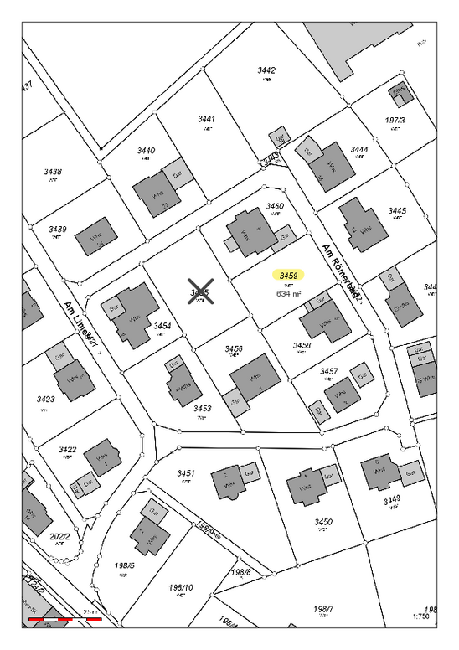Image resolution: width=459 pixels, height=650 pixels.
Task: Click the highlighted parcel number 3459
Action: point(289,274)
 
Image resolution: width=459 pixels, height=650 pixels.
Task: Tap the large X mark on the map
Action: point(200,291)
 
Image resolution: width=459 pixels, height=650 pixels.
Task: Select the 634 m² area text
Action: point(288,294)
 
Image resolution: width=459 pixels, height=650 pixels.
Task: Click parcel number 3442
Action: point(266,70)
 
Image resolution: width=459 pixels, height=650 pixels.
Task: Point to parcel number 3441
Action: point(207,119)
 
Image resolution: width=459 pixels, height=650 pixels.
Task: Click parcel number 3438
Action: point(53,172)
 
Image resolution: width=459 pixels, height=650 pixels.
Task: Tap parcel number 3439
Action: point(57,229)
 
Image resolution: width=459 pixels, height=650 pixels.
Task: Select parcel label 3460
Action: point(275,205)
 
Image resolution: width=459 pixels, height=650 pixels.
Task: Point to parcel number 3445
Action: point(397,210)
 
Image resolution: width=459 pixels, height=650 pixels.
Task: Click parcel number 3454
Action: point(162,325)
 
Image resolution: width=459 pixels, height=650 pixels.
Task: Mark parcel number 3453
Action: point(202,408)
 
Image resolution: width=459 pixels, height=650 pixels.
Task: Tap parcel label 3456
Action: point(234,348)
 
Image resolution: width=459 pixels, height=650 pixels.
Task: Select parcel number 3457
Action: point(328,370)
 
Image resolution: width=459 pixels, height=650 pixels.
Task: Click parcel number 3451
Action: point(185,473)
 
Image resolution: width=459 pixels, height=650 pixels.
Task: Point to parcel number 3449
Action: point(391,500)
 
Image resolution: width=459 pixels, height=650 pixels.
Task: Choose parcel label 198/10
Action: point(181,587)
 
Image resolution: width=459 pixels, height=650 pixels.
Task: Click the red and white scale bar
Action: point(65,619)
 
